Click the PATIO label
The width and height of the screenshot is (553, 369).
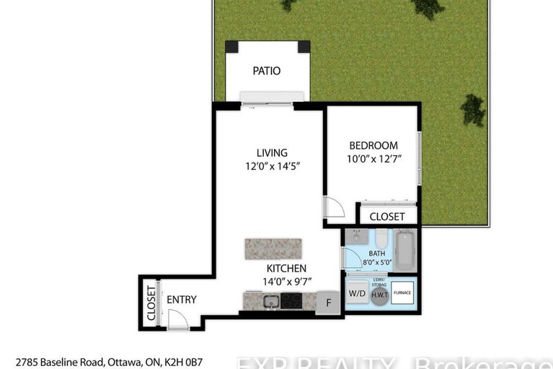[266, 71]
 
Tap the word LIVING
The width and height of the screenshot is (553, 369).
[272, 152]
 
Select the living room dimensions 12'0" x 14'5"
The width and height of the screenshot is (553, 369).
[272, 166]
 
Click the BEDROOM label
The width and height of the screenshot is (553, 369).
[373, 145]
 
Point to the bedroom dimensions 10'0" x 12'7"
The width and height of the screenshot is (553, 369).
[373, 159]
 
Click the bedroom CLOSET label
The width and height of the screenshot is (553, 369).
[387, 217]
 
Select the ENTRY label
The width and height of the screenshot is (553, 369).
[181, 300]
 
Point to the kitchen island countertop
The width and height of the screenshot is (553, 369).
[274, 248]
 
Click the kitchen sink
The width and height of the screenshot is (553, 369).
[270, 301]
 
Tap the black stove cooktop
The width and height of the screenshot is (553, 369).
[291, 301]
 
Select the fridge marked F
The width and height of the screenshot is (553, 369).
[328, 303]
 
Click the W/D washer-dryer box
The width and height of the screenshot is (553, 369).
[356, 294]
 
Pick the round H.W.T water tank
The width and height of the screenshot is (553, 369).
[379, 295]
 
